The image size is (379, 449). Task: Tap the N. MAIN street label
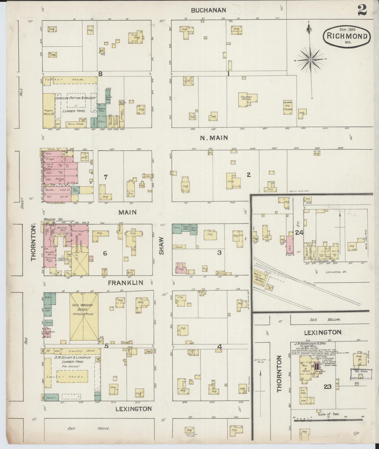214,138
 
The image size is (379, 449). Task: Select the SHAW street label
161,246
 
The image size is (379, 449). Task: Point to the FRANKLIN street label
126,283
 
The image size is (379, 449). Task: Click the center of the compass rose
310,60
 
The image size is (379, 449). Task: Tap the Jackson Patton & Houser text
75,98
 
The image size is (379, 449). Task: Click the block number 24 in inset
299,232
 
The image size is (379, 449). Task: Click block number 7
105,177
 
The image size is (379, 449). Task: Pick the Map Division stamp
359,371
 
